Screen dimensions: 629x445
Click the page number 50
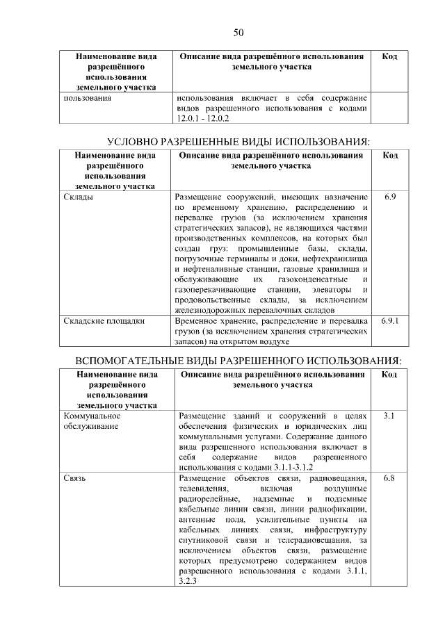click(237, 33)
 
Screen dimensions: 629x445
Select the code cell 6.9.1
click(390, 322)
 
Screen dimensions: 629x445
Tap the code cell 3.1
click(390, 416)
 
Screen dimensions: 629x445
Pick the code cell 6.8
click(390, 479)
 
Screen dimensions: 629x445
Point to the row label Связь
click(74, 479)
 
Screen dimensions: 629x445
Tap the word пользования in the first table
click(87, 98)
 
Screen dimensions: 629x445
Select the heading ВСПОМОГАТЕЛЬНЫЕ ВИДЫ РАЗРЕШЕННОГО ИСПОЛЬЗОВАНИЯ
click(238, 361)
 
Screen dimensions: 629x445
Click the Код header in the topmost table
click(390, 56)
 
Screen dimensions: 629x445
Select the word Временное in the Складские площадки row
click(200, 322)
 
